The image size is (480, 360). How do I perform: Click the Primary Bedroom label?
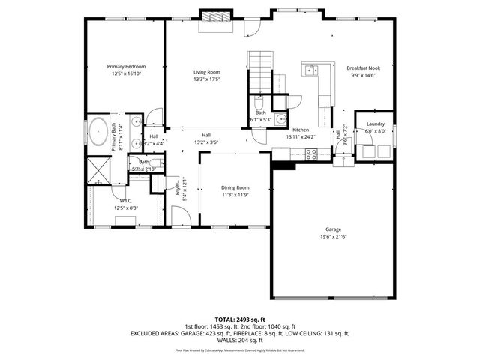[x=125, y=67]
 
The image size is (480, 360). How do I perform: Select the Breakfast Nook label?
[x=364, y=68]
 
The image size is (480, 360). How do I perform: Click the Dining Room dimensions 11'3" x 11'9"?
[x=235, y=195]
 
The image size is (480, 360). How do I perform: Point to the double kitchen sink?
[x=310, y=70]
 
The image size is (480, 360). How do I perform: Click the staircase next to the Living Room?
[x=259, y=69]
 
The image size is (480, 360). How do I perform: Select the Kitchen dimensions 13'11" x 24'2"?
[x=301, y=137]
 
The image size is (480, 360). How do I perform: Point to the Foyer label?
[x=178, y=189]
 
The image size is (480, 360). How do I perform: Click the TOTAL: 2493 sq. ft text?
[x=240, y=319]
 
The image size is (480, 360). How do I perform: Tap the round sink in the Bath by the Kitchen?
[x=280, y=118]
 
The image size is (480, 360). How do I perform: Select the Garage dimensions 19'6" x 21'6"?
[x=333, y=236]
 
